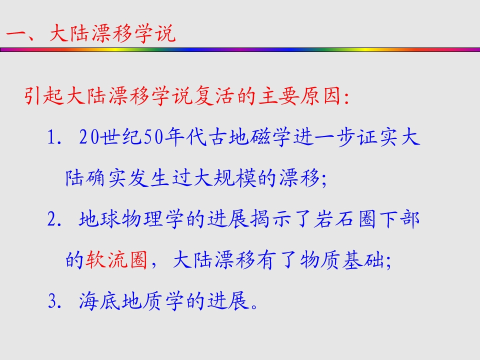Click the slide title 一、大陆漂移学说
90,33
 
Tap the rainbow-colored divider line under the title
240,49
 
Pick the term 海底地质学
132,301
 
